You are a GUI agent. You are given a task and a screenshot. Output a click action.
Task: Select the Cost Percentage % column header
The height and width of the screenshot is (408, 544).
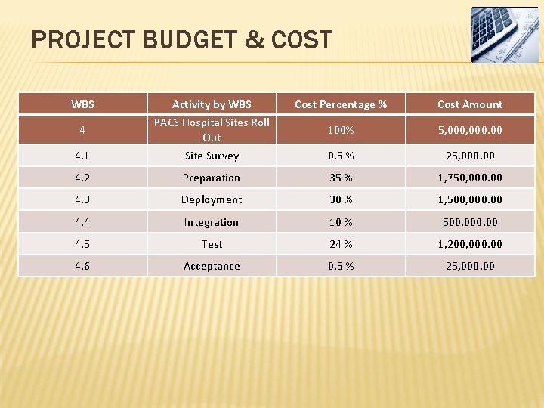coord(341,104)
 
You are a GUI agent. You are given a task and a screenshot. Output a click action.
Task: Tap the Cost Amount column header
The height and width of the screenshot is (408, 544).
coord(470,104)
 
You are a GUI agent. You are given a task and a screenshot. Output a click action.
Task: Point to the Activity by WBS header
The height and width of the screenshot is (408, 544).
coord(212,104)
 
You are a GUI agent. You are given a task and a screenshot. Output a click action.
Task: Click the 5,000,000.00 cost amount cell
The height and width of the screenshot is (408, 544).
coord(470,130)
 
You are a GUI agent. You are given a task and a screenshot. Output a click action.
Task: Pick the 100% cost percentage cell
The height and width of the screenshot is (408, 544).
coord(341,130)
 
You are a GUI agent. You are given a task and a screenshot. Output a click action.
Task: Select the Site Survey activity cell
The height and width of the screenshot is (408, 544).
coord(212,156)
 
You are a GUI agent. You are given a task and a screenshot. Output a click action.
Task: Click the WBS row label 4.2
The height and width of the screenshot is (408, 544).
coord(82,178)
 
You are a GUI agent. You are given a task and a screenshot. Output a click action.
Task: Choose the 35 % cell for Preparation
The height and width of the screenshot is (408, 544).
coord(341,178)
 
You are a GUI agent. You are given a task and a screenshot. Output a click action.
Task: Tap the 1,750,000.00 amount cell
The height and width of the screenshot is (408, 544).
coord(470,178)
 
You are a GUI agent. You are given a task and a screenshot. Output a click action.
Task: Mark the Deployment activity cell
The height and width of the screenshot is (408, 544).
coord(212,199)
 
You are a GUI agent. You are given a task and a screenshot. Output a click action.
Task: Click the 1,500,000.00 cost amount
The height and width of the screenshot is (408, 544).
coord(470,199)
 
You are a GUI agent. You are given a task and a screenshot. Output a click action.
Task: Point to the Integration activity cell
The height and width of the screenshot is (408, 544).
coord(212,222)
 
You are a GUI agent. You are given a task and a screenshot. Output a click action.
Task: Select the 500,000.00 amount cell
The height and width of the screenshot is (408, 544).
coord(470,222)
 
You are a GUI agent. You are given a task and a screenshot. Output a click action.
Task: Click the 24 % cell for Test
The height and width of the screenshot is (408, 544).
coord(341,244)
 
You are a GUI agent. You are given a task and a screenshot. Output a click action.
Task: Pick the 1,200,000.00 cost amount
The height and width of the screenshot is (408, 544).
coord(470,244)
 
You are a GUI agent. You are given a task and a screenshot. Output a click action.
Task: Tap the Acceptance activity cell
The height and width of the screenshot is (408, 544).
coord(212,266)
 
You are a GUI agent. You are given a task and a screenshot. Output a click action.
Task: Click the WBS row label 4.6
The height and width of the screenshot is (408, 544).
coord(82,266)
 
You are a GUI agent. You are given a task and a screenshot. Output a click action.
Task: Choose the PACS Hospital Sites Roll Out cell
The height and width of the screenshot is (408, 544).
coord(212,130)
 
